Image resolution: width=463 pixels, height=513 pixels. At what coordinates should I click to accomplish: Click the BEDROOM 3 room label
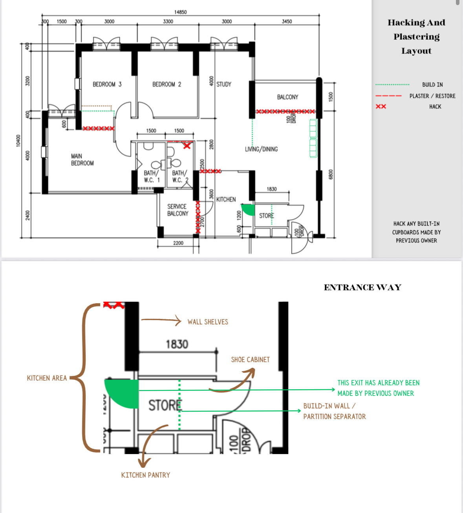pyautogui.click(x=107, y=84)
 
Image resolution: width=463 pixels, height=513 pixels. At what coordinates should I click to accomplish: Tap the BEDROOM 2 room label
pyautogui.click(x=167, y=84)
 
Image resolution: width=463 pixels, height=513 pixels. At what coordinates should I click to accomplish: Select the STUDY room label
pyautogui.click(x=224, y=84)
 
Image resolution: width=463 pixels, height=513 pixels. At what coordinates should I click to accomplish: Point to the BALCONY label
pyautogui.click(x=287, y=97)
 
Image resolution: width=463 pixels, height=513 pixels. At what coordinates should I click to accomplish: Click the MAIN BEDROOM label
pyautogui.click(x=82, y=159)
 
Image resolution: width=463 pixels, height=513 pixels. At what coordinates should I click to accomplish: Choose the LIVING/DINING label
pyautogui.click(x=261, y=149)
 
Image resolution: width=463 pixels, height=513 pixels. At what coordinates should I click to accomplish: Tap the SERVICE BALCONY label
pyautogui.click(x=178, y=210)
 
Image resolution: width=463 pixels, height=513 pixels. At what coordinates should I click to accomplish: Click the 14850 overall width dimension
pyautogui.click(x=180, y=12)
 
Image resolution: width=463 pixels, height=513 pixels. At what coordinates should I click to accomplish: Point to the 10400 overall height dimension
pyautogui.click(x=18, y=141)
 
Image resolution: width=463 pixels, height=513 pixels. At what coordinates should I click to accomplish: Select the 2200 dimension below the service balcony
pyautogui.click(x=178, y=243)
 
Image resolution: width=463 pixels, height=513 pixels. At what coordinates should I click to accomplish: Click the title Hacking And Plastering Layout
pyautogui.click(x=416, y=37)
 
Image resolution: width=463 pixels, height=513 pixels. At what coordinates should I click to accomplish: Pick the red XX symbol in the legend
pyautogui.click(x=381, y=106)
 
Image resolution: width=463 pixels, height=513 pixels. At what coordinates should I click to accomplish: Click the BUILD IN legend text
pyautogui.click(x=432, y=84)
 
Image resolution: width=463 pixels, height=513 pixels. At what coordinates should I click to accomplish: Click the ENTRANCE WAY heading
pyautogui.click(x=362, y=287)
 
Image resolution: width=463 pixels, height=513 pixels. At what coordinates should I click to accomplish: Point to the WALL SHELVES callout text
pyautogui.click(x=208, y=322)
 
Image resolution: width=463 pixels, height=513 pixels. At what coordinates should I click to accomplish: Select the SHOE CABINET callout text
pyautogui.click(x=250, y=359)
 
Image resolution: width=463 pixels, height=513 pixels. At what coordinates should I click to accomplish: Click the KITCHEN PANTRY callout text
pyautogui.click(x=145, y=475)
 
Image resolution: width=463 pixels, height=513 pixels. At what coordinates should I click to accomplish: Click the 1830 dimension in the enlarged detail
pyautogui.click(x=177, y=344)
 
